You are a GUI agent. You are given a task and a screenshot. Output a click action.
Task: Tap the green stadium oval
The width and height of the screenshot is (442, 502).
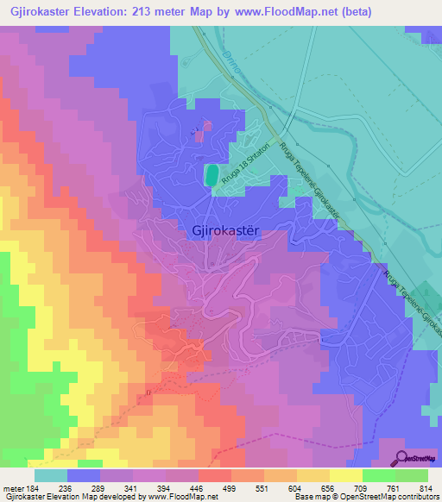pyautogui.click(x=210, y=175)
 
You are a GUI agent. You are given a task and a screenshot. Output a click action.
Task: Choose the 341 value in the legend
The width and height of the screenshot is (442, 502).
pyautogui.click(x=130, y=489)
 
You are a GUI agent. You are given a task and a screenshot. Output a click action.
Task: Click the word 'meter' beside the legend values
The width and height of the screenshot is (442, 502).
pyautogui.click(x=14, y=489)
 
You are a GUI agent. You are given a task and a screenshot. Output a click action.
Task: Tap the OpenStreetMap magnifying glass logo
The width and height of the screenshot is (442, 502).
pyautogui.click(x=402, y=457)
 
